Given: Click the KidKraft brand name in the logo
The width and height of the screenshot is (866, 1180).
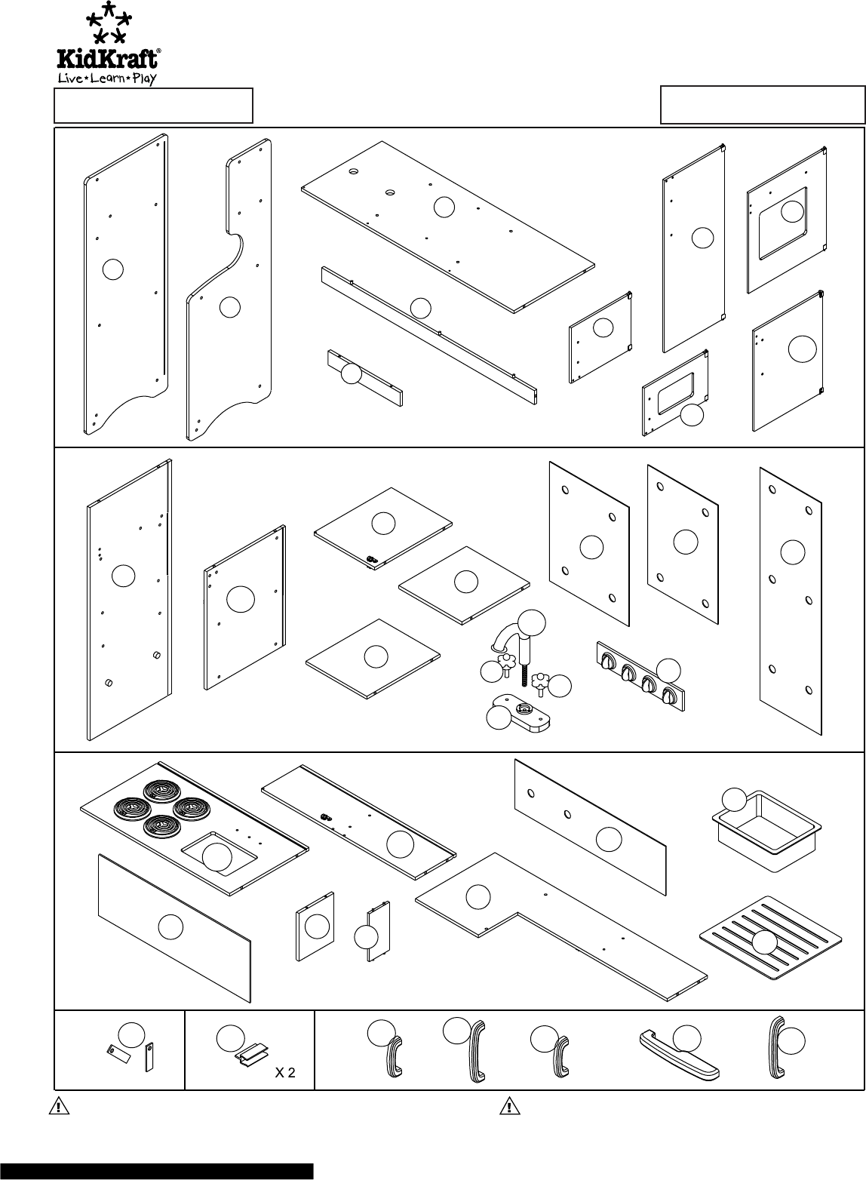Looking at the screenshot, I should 109,59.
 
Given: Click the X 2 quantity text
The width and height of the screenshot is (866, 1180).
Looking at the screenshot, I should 284,1074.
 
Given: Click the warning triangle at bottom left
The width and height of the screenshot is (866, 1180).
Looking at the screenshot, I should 57,1107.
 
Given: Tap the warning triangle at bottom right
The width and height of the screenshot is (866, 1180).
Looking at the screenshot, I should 510,1107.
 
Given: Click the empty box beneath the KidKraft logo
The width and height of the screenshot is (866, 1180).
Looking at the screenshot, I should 153,106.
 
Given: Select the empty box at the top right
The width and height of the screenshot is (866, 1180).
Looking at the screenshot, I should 763,105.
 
